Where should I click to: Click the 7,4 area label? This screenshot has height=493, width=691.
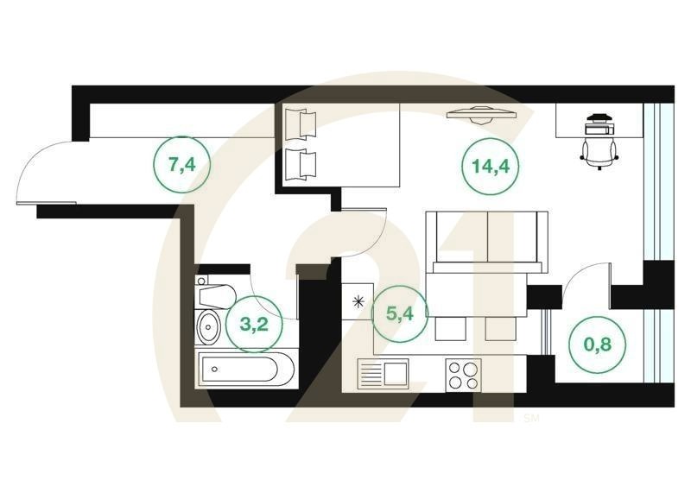(x=181, y=165)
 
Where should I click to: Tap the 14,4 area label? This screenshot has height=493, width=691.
(x=490, y=166)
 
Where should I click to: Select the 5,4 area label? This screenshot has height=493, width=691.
(x=400, y=313)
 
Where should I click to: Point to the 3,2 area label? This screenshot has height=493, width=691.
(x=254, y=325)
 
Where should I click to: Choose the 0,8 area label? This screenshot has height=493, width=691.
(x=598, y=344)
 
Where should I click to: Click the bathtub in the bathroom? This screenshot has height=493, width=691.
(x=245, y=369)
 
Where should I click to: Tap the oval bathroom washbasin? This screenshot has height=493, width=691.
(x=208, y=327)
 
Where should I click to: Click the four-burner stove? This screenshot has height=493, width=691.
(x=463, y=376)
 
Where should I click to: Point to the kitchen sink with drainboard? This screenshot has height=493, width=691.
(x=383, y=374)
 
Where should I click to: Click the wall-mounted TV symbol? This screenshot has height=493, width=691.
(x=481, y=115)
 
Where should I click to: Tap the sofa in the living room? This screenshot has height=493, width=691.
(x=487, y=242)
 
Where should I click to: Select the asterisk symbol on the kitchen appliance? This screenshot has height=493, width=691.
(x=358, y=302)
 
